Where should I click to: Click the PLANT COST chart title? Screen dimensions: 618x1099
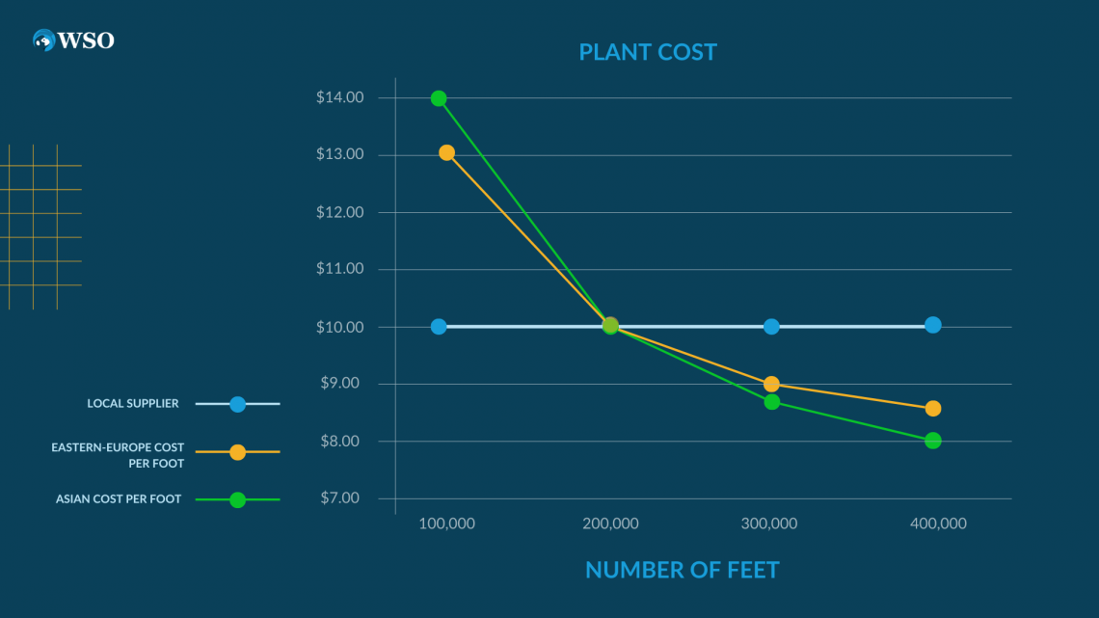tap(648, 52)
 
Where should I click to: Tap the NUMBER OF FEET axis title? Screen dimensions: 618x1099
tap(682, 570)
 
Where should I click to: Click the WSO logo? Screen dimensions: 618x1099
tap(73, 40)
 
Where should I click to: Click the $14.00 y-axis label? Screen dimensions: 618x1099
tap(339, 97)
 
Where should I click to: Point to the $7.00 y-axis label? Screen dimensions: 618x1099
tap(339, 498)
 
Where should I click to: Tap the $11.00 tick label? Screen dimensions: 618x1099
tap(339, 269)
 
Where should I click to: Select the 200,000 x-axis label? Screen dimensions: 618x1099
tap(609, 524)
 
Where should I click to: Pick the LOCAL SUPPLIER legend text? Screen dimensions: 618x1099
tap(132, 403)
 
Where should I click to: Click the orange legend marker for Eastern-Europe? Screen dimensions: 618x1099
tap(237, 452)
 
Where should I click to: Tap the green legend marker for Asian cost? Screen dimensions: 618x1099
tap(237, 499)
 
